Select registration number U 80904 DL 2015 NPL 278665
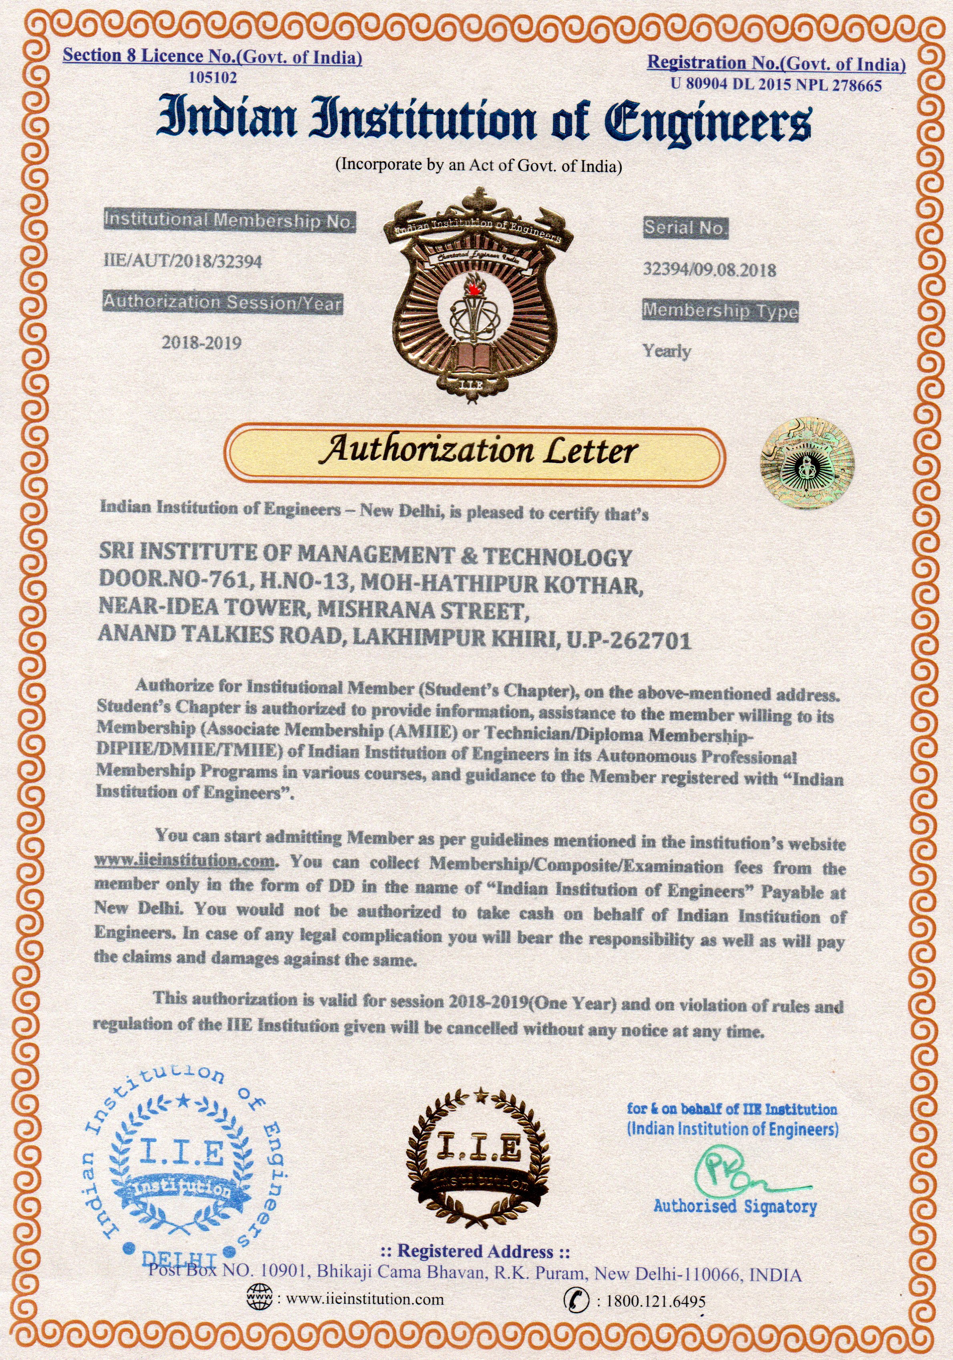tap(776, 85)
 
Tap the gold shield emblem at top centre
tap(477, 296)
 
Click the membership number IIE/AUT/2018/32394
tap(183, 261)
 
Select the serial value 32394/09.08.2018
tap(710, 270)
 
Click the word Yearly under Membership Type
tap(667, 351)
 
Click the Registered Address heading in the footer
tap(474, 1252)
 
